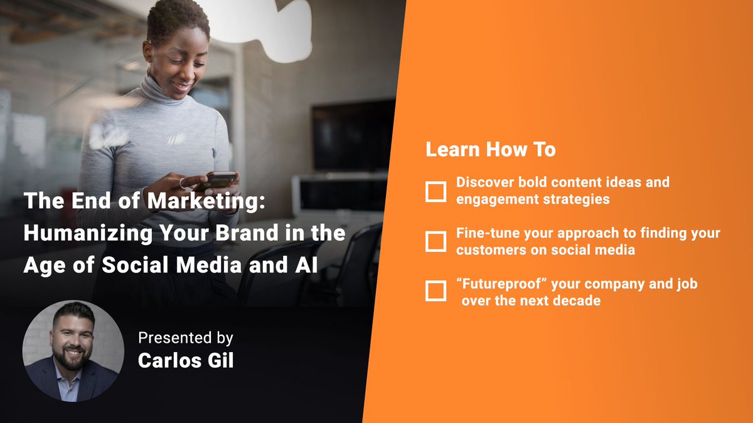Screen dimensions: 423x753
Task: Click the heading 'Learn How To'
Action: click(x=491, y=150)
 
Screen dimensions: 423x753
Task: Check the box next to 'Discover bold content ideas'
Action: click(x=435, y=192)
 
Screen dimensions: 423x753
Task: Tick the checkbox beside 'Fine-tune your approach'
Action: click(x=435, y=241)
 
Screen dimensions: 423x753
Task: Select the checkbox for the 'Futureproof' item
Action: click(x=435, y=291)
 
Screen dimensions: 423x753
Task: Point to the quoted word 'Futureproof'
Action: click(x=499, y=285)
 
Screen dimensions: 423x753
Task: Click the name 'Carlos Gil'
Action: click(x=186, y=362)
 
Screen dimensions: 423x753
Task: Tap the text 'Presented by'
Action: click(x=186, y=338)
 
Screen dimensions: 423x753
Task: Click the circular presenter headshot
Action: click(x=73, y=351)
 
